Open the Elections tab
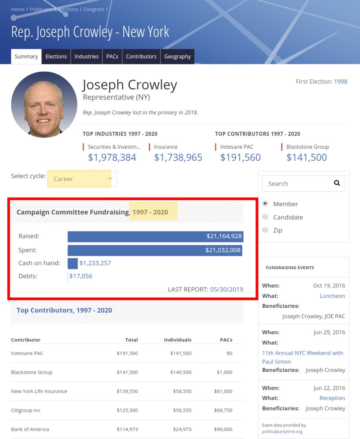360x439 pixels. coord(56,56)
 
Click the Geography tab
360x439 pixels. coord(177,56)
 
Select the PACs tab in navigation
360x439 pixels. coord(112,56)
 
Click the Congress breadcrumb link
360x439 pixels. coord(94,9)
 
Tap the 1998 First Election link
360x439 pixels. coord(340,82)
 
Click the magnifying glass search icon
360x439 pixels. coord(337,183)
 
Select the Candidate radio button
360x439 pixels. coord(265,217)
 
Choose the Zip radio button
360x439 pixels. coord(265,230)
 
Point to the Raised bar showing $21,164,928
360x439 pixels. coord(155,236)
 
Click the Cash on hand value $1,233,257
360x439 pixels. coord(95,263)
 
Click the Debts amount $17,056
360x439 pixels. coord(81,276)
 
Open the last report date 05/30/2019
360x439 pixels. coord(227,289)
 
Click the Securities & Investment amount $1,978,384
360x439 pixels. coord(112,157)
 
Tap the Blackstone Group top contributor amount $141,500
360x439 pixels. coord(306,157)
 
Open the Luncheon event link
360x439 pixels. coord(332,296)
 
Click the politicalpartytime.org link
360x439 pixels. coord(282,432)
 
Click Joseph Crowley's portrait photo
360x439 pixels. coord(44,105)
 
